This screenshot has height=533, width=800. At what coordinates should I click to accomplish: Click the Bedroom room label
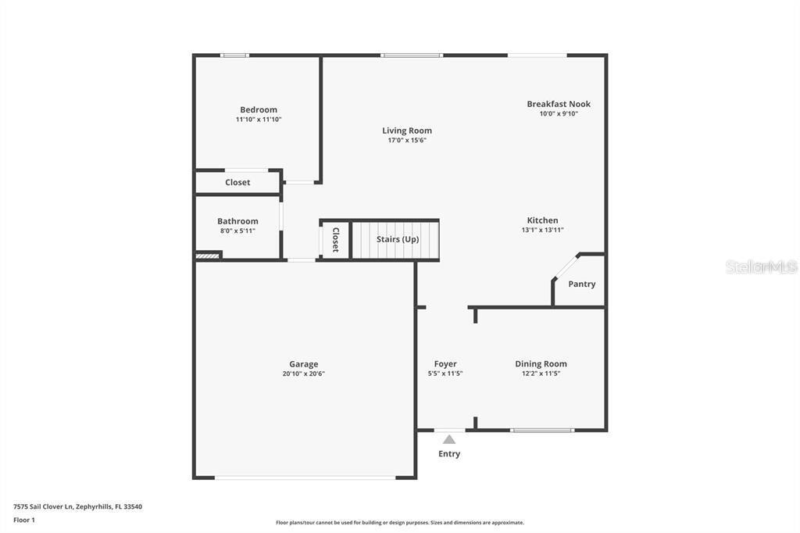tap(258, 109)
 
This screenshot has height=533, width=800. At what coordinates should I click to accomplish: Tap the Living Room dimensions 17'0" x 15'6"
tap(406, 141)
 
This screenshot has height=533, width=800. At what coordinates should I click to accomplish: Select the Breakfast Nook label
tap(558, 104)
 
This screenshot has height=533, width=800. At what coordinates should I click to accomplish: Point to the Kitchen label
tap(542, 220)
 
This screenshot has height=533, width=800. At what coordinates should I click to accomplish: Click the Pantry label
tap(581, 284)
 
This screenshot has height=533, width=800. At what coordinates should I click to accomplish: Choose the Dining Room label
tap(541, 363)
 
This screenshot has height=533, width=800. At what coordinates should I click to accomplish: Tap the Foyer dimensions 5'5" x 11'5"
tap(445, 374)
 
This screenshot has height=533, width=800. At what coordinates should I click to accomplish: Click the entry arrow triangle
tap(449, 439)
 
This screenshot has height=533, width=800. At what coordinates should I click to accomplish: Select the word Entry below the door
tap(449, 454)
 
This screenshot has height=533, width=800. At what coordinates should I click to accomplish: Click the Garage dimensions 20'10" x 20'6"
tap(303, 374)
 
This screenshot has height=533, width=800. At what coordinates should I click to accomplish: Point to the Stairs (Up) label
tap(398, 239)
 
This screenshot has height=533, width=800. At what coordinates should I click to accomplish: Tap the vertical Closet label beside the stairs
tap(335, 239)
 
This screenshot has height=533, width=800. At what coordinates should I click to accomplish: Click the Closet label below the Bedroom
tap(237, 182)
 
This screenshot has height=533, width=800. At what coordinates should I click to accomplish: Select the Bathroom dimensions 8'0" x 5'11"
tap(237, 231)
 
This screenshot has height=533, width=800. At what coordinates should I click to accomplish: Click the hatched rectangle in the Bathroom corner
tap(207, 255)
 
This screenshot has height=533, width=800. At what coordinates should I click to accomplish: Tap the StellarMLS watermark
tap(761, 267)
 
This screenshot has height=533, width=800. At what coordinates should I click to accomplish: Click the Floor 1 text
tap(24, 520)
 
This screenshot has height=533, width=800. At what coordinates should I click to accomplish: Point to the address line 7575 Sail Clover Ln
tap(77, 506)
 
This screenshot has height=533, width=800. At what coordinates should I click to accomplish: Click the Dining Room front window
tap(542, 430)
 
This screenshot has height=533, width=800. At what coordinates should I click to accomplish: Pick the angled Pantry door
tap(566, 267)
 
